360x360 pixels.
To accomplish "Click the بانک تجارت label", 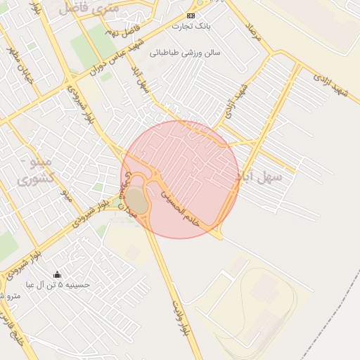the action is [x=191, y=26].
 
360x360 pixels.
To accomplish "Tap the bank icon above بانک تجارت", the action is [x=191, y=15].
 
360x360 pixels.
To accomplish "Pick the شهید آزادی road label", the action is [x=331, y=82].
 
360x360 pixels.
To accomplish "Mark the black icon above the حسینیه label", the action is [x=57, y=274].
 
